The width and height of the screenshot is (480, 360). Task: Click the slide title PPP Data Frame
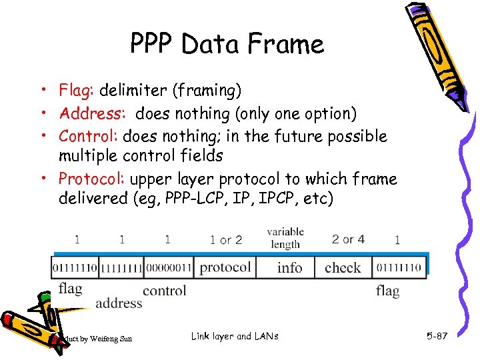click(x=227, y=45)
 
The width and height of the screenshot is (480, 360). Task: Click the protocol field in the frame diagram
click(x=225, y=267)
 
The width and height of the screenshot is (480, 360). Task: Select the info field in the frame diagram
click(x=289, y=268)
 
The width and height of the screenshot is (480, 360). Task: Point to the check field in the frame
click(x=343, y=268)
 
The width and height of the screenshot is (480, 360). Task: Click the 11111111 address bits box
click(x=121, y=268)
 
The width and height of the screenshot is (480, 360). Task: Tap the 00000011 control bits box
click(x=167, y=268)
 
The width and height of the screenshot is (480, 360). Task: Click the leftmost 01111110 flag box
click(x=75, y=268)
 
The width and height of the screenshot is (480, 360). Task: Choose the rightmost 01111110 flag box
click(x=399, y=268)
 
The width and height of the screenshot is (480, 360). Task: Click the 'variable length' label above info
click(x=285, y=238)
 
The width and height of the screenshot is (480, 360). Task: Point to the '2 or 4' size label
click(x=348, y=239)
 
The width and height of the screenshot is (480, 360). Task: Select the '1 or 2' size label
click(x=226, y=240)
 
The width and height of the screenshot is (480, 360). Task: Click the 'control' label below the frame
click(x=165, y=290)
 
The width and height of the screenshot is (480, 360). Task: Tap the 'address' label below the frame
click(x=119, y=303)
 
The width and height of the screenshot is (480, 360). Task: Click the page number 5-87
click(x=437, y=336)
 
